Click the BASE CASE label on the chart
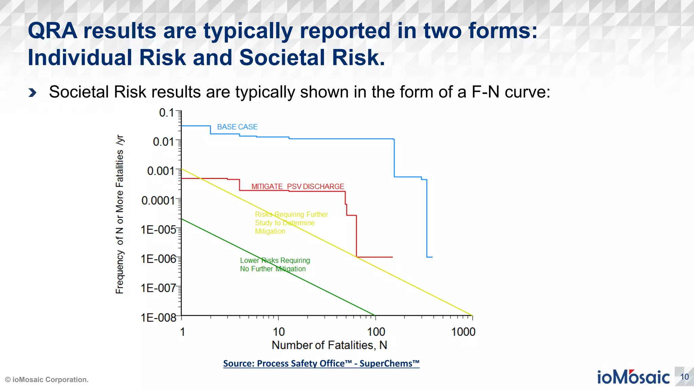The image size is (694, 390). [237, 127]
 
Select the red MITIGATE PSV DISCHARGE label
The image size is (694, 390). [298, 187]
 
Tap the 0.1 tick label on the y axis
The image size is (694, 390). [166, 113]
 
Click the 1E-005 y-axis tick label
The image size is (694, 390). [158, 230]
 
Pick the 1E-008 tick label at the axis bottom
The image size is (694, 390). [158, 318]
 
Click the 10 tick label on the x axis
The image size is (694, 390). [279, 332]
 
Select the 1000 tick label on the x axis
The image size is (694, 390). [463, 332]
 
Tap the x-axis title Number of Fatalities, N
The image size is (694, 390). [329, 345]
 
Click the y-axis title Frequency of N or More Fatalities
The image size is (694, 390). [120, 214]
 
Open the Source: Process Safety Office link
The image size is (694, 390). [321, 364]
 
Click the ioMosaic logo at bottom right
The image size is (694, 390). [633, 377]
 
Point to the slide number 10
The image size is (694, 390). [684, 377]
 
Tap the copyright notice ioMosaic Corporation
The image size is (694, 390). [47, 380]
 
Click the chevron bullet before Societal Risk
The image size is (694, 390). [33, 92]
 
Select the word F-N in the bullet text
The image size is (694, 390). [485, 92]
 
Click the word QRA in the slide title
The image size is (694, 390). [53, 31]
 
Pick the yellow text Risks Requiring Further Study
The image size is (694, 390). [291, 223]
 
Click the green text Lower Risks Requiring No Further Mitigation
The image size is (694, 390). [274, 264]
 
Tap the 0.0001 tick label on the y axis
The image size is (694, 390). [158, 200]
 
